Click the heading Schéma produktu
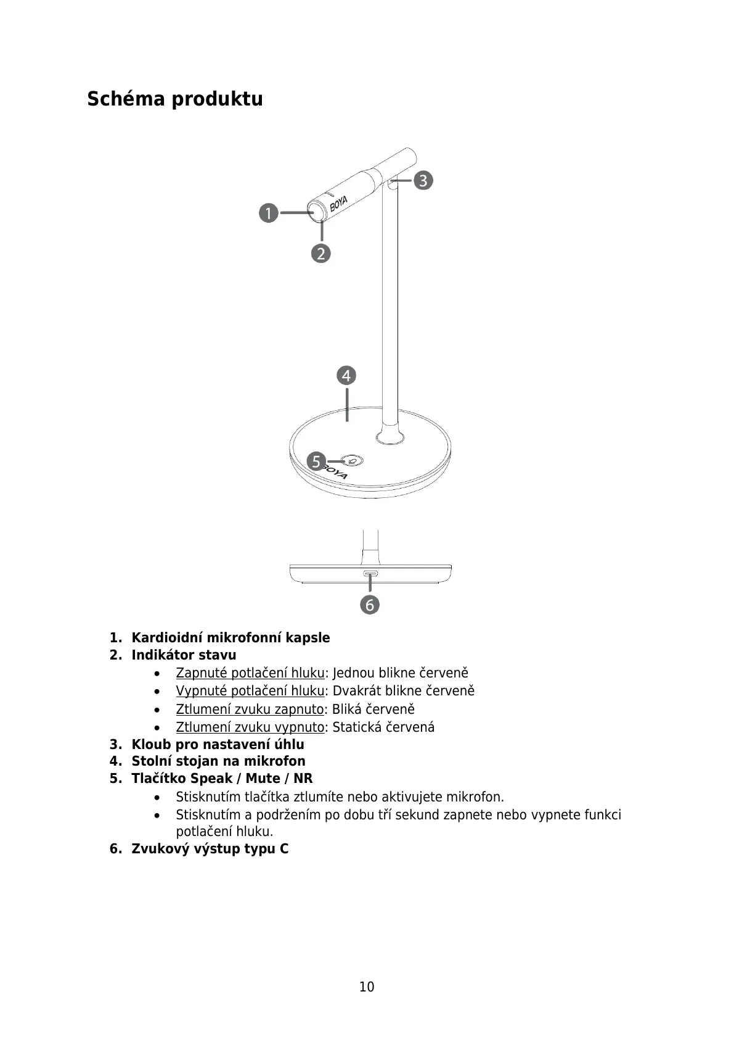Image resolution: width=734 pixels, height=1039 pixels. [x=174, y=99]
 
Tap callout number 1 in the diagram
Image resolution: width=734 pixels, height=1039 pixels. [x=268, y=213]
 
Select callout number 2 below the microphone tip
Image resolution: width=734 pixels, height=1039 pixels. [x=320, y=253]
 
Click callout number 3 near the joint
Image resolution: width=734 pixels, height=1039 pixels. [x=423, y=181]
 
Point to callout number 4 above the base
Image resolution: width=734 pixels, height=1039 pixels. [x=346, y=375]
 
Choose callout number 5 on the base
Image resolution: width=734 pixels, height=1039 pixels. [x=316, y=461]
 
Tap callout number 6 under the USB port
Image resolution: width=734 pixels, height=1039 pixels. [x=370, y=605]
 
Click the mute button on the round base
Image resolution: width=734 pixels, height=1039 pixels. [x=353, y=461]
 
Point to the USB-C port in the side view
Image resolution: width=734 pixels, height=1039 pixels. [x=370, y=574]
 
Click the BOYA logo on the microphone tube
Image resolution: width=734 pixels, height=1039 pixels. [x=338, y=204]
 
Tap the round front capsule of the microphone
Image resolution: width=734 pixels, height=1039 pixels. [x=318, y=213]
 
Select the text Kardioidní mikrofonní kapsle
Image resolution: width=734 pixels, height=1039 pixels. [x=230, y=637]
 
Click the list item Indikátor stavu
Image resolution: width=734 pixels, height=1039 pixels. [x=184, y=655]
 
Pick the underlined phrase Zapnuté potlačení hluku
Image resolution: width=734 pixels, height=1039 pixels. [x=250, y=673]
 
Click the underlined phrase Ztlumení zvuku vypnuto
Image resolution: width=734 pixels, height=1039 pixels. [x=250, y=727]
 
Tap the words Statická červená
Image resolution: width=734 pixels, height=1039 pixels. [x=383, y=727]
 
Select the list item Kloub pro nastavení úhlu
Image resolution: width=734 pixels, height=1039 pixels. [x=218, y=744]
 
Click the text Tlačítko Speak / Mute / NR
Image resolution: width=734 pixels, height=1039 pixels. [x=222, y=778]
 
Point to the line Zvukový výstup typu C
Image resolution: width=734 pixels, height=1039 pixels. [x=210, y=848]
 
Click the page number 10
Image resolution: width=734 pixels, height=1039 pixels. [x=367, y=987]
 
